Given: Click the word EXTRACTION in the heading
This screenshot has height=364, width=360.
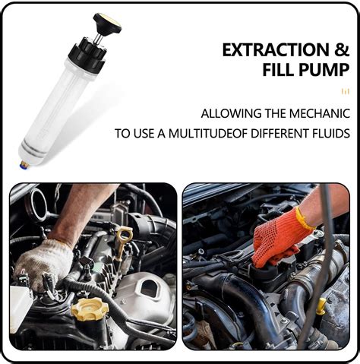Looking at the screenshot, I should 273,50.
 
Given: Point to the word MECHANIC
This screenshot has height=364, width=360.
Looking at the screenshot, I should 320,114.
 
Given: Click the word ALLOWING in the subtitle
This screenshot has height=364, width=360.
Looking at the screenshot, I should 228,114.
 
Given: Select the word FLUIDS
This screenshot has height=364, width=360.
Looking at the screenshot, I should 327,134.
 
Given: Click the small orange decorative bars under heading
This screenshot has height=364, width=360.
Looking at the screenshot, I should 346,90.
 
